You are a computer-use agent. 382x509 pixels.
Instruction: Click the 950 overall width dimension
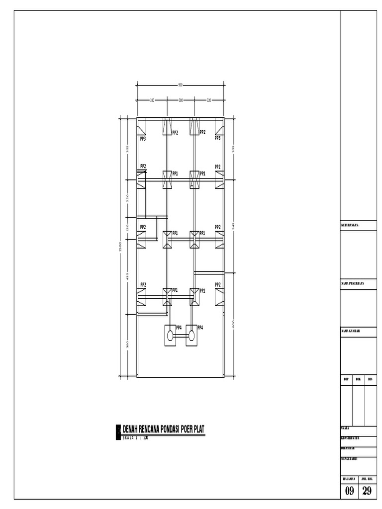pyautogui.click(x=180, y=85)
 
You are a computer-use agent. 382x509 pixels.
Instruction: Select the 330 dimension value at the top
pyautogui.click(x=152, y=100)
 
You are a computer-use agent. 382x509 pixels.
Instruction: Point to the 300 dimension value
pyautogui.click(x=181, y=100)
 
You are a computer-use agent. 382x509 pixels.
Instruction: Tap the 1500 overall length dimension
pyautogui.click(x=120, y=247)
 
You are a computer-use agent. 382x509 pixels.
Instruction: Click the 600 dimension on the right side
pyautogui.click(x=233, y=324)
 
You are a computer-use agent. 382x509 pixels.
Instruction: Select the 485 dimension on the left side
pyautogui.click(x=127, y=276)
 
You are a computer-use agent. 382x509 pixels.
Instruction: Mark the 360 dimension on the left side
pyautogui.click(x=127, y=344)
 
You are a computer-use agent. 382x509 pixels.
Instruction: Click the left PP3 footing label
pyautogui.click(x=143, y=139)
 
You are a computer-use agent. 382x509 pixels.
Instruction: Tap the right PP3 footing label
pyautogui.click(x=217, y=139)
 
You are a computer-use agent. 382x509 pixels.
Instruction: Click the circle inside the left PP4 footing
pyautogui.click(x=170, y=336)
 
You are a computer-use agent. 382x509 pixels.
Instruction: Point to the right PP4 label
pyautogui.click(x=200, y=328)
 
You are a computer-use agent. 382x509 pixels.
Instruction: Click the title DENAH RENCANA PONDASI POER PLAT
pyautogui.click(x=164, y=429)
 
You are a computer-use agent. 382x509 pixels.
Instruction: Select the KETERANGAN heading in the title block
pyautogui.click(x=350, y=225)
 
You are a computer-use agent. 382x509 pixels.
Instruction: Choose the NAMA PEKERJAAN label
pyautogui.click(x=353, y=283)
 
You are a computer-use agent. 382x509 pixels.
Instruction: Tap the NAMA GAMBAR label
pyautogui.click(x=350, y=331)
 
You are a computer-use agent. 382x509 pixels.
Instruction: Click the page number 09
pyautogui.click(x=350, y=491)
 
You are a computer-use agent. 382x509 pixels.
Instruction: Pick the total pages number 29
pyautogui.click(x=367, y=491)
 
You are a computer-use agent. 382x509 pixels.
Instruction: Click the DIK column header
pyautogui.click(x=358, y=379)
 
